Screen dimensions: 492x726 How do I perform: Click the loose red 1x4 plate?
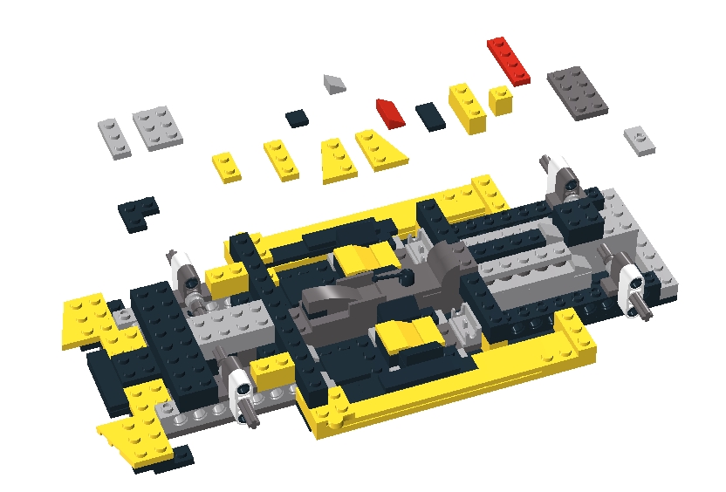point(509,60)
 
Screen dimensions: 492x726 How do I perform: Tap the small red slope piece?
point(387,112)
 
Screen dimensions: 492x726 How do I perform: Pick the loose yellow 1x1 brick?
point(500,99)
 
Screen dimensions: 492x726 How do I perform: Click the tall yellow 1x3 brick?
point(467,107)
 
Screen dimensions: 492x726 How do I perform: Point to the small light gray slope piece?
point(335,84)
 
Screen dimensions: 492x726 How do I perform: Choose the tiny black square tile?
point(297,118)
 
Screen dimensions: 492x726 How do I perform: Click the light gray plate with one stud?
point(640,140)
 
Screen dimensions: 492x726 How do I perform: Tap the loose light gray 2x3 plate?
point(159,127)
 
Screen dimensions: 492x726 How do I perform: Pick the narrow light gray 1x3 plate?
point(114,138)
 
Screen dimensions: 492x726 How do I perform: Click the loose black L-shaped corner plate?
point(138,212)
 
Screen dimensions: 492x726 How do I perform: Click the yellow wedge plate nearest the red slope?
point(381,148)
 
